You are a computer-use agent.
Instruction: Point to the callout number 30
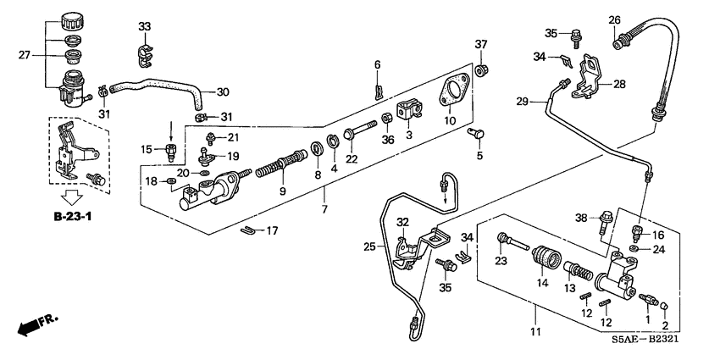click(223, 91)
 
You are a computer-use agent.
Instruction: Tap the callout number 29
click(523, 101)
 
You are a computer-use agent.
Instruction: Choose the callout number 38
click(581, 217)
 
